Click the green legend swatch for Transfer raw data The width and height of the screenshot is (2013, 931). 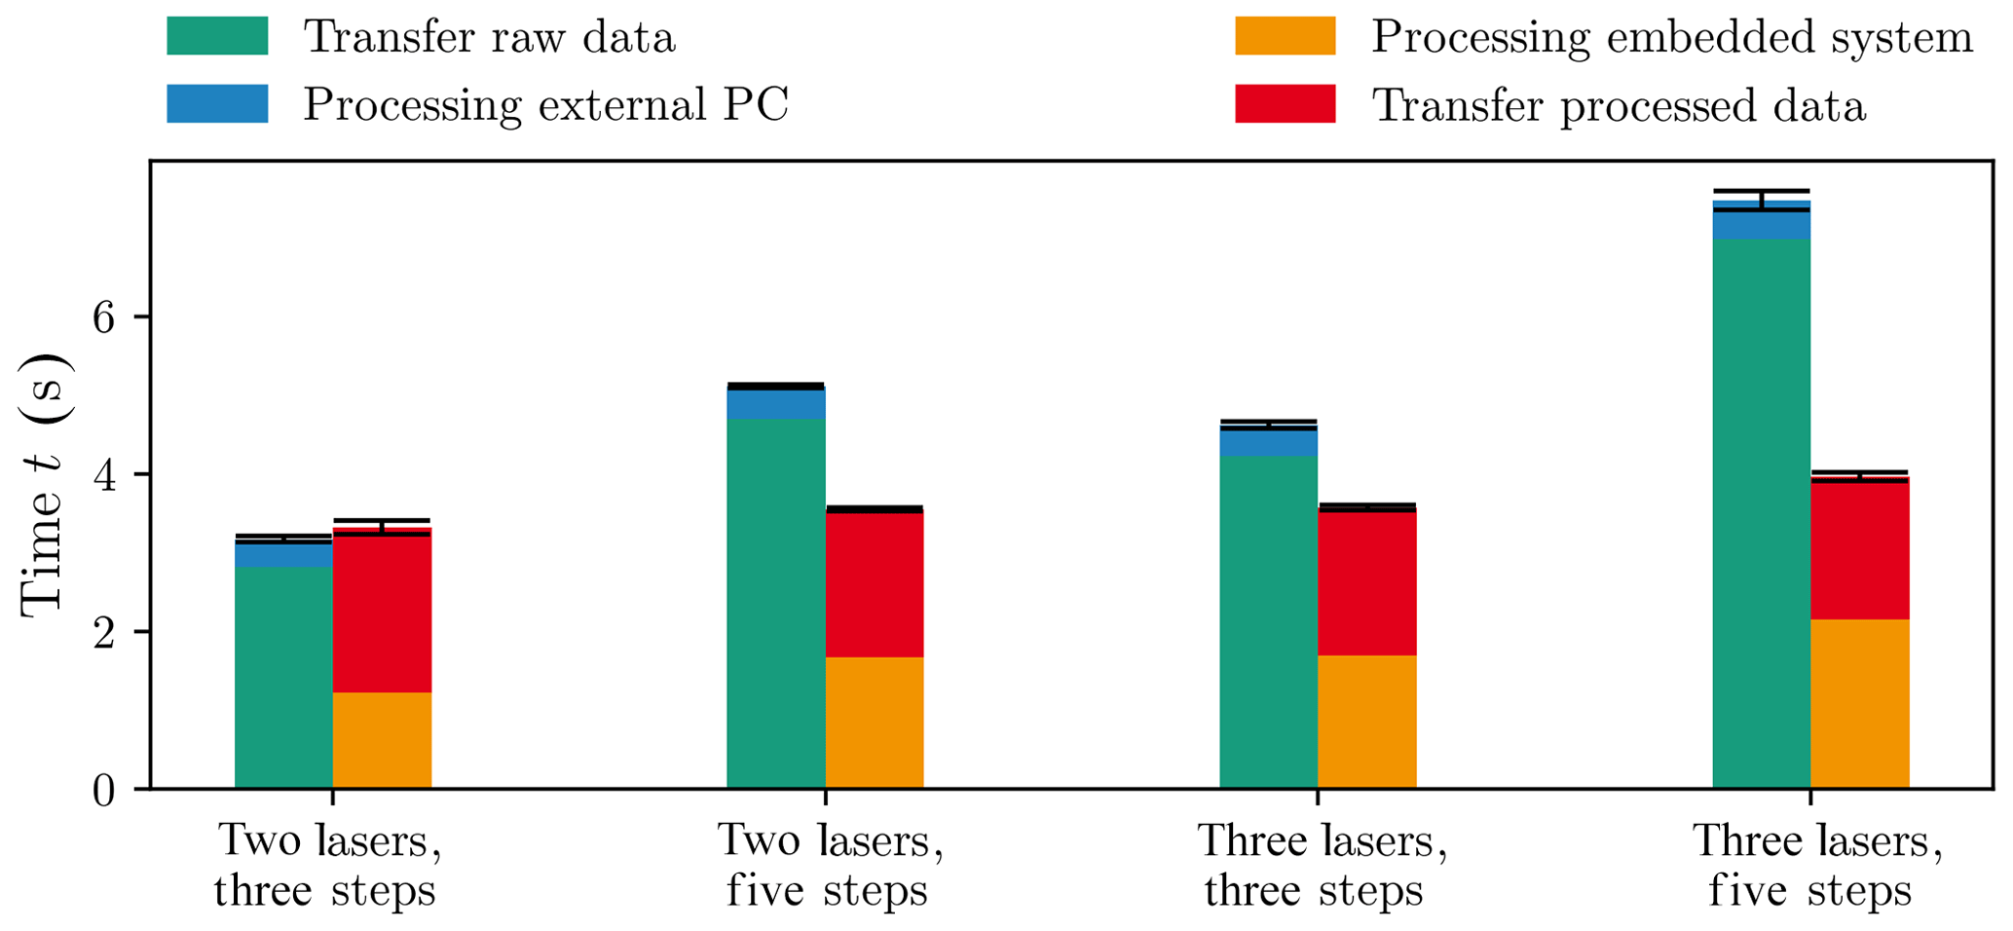pos(217,36)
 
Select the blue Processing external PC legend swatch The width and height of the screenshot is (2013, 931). pos(217,104)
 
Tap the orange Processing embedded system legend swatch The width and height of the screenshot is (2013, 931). pos(1285,36)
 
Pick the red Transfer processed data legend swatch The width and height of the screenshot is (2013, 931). pos(1285,104)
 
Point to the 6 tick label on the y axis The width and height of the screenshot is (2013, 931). pos(105,317)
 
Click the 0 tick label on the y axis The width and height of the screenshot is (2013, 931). pos(105,790)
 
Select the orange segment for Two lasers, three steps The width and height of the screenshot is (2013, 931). pos(382,740)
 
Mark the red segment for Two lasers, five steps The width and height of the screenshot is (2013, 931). pos(874,584)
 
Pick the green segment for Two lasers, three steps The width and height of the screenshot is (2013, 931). pos(283,677)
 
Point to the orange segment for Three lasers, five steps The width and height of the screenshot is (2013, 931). pos(1859,703)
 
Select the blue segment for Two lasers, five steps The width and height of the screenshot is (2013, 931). pos(775,404)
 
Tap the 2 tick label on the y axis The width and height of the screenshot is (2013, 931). pos(105,632)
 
